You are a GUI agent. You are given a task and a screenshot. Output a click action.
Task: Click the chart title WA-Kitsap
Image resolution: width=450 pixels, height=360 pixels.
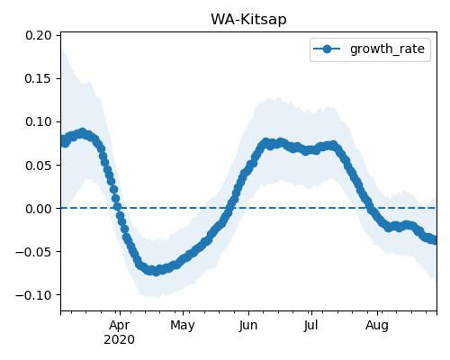[x=248, y=20]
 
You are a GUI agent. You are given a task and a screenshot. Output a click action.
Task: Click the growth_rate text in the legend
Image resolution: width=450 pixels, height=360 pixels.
[x=387, y=49]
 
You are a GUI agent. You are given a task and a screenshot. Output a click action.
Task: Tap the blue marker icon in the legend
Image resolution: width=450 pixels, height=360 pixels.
[x=327, y=49]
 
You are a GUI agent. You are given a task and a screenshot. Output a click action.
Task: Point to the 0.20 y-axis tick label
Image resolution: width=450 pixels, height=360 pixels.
[x=39, y=35]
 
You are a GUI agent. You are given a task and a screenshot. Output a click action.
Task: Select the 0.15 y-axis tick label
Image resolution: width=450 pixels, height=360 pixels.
[x=39, y=78]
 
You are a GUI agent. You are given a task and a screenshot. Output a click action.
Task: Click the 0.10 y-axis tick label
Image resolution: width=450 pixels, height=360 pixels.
[x=39, y=121]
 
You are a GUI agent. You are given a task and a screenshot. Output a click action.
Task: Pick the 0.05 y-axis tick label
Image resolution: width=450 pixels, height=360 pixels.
[x=39, y=166]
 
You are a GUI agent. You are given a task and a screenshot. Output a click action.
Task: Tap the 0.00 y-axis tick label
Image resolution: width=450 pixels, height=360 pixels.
[x=39, y=209]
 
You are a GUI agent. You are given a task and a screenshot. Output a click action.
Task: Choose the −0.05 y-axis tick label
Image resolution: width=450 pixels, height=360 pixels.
[x=33, y=252]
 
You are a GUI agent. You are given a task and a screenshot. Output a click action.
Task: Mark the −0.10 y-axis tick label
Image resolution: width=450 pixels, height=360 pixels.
[x=33, y=295]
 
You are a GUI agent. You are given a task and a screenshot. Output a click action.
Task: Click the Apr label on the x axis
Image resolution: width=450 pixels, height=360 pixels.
[x=120, y=325]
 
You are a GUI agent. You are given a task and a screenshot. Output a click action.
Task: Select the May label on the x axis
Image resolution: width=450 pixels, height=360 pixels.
[x=183, y=325]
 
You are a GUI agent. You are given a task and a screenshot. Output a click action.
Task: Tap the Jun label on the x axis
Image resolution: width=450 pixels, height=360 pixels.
[x=248, y=325]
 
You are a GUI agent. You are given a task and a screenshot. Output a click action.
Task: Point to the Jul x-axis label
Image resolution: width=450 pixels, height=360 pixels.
[x=311, y=325]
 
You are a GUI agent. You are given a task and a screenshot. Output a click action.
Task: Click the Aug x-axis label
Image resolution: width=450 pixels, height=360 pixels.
[x=377, y=325]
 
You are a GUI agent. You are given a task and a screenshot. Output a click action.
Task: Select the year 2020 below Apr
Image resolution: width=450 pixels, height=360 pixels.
[x=120, y=340]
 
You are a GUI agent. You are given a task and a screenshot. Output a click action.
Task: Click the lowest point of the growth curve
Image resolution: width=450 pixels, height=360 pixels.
[x=156, y=272]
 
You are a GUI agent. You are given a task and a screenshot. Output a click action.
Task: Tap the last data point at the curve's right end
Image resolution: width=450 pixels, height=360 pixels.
[x=434, y=240]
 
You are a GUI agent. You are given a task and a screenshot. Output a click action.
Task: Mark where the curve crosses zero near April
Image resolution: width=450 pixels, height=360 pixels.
[x=118, y=208]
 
